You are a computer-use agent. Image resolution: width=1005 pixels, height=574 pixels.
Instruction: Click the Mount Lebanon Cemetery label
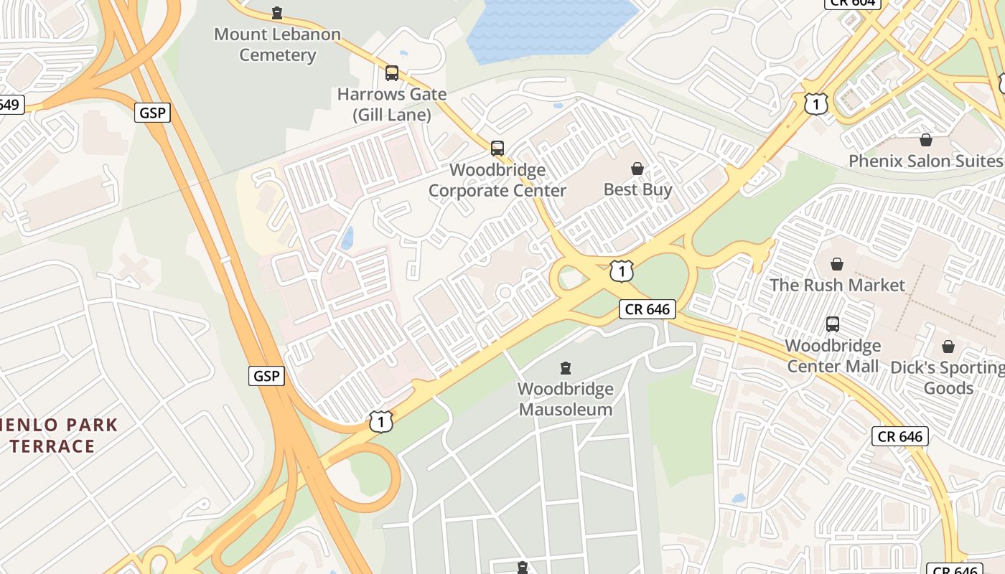(x=277, y=44)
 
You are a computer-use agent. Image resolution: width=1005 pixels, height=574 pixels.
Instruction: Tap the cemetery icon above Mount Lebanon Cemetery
(x=277, y=13)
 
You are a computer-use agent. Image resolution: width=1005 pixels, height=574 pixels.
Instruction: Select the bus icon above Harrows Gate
(x=392, y=72)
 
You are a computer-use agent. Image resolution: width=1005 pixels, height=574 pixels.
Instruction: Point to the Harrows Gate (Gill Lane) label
(x=392, y=104)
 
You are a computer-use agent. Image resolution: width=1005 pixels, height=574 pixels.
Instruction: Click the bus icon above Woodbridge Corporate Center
(x=497, y=149)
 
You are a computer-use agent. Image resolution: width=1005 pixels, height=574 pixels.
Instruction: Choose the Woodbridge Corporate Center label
(x=497, y=180)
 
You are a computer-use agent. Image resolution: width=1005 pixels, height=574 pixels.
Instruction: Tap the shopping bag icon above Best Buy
(x=637, y=169)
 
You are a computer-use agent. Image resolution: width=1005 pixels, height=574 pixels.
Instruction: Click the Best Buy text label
(x=637, y=189)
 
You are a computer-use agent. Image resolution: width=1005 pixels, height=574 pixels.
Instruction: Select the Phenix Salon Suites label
(x=925, y=161)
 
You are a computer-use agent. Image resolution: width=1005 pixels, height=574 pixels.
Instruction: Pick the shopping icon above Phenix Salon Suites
(x=926, y=140)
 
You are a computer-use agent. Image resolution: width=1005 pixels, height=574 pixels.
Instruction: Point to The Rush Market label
(x=837, y=285)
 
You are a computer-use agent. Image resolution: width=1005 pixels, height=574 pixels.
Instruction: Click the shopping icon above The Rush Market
(x=837, y=264)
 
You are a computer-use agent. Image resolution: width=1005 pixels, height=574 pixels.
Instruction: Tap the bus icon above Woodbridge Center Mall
(x=833, y=324)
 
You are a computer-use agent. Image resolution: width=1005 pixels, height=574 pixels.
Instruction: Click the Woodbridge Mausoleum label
(x=566, y=399)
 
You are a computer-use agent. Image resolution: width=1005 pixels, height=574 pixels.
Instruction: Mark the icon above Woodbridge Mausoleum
(x=566, y=368)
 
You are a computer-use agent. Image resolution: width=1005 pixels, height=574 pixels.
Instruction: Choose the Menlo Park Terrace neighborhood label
(x=57, y=435)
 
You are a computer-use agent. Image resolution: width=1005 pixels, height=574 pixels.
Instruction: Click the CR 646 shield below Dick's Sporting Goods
(x=900, y=436)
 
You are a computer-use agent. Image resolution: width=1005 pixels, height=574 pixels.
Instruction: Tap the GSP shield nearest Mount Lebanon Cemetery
(x=152, y=113)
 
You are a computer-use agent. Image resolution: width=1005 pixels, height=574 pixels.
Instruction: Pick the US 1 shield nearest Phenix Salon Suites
(x=815, y=104)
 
